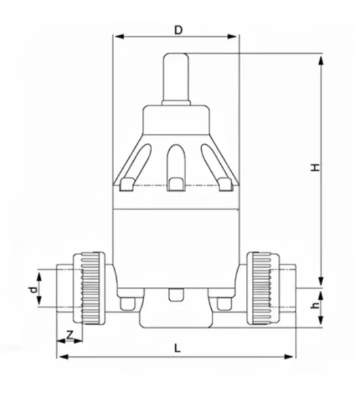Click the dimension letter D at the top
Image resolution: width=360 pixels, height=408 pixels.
click(x=178, y=29)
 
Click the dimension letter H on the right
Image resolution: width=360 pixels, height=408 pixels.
click(x=314, y=167)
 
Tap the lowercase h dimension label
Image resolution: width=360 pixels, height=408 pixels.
click(x=314, y=306)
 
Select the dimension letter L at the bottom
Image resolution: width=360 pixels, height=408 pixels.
click(x=177, y=347)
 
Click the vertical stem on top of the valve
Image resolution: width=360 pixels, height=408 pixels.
click(x=176, y=77)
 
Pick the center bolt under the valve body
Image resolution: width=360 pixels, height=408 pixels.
click(x=176, y=296)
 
